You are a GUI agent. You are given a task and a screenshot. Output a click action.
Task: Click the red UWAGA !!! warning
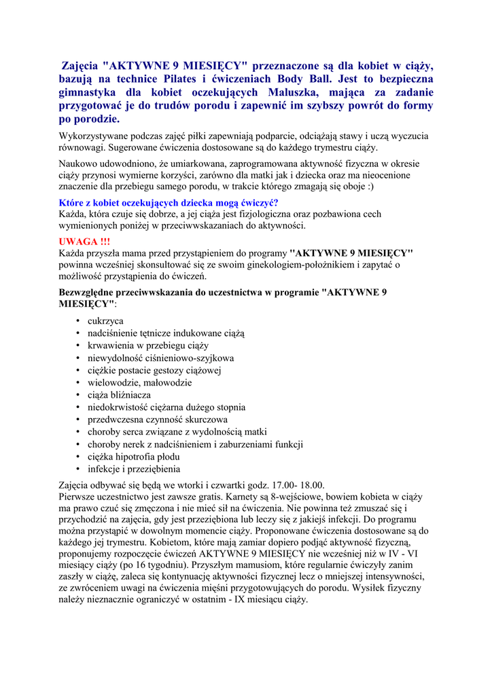pos(84,242)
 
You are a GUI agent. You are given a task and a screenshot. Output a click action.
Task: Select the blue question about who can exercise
pos(169,203)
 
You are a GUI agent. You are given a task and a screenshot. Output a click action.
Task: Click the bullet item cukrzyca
pos(105,320)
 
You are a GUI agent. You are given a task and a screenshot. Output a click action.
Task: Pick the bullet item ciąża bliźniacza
pos(119,394)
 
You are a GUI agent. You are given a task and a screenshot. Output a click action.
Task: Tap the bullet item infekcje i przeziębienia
pos(134,468)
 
